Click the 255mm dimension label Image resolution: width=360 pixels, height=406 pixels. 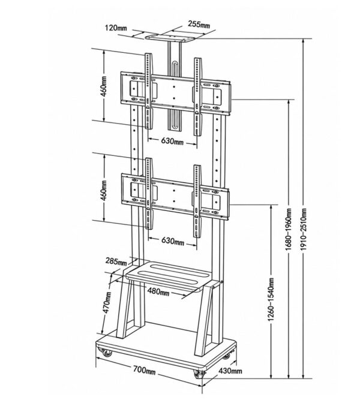199,25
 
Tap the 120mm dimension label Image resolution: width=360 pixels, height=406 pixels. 116,28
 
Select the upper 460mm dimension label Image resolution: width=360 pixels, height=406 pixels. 104,86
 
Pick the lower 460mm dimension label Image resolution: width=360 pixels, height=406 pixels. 104,190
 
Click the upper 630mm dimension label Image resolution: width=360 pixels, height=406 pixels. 172,142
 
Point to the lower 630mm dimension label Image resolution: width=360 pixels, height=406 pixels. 173,241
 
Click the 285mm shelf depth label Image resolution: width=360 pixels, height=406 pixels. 116,261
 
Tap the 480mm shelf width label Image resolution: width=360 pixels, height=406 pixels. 158,291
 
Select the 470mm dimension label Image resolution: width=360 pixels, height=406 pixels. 107,303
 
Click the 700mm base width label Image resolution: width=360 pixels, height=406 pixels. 144,370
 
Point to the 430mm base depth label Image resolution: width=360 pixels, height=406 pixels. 230,371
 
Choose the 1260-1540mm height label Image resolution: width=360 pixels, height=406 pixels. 271,300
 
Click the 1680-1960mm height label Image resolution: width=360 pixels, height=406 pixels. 289,230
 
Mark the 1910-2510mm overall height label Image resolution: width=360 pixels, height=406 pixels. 303,230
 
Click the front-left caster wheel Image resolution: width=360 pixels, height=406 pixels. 107,353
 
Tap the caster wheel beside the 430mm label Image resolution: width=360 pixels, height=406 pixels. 199,374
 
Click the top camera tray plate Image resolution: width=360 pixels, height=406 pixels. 170,38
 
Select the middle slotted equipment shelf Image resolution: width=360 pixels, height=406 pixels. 169,276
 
